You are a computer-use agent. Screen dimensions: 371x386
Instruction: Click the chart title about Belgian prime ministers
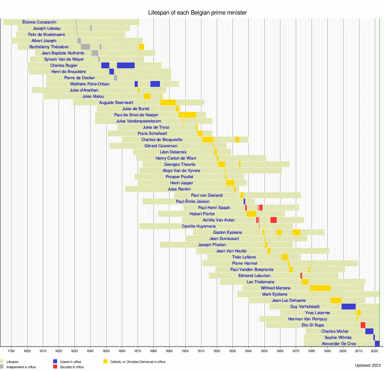click(x=197, y=13)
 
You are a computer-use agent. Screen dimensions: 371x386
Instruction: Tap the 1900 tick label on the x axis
click(x=185, y=351)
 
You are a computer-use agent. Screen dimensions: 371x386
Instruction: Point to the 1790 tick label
click(x=11, y=351)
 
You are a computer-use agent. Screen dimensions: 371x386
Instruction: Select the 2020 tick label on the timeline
click(x=374, y=351)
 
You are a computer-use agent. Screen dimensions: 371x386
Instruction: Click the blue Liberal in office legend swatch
click(x=55, y=361)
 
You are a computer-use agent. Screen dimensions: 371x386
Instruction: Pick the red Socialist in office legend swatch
click(x=55, y=367)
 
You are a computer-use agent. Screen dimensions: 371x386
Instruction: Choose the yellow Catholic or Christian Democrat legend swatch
click(x=105, y=361)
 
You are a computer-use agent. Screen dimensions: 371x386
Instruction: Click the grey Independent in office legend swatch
click(x=2, y=367)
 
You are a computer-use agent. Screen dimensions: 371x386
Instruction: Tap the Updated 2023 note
click(x=368, y=365)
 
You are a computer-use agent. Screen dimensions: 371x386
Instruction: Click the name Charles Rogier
click(x=64, y=66)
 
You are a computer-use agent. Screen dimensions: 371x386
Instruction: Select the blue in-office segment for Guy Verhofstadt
click(x=348, y=307)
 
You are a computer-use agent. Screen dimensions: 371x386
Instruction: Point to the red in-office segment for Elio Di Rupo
click(x=363, y=325)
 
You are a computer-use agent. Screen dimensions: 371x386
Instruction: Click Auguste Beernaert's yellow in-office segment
click(x=168, y=103)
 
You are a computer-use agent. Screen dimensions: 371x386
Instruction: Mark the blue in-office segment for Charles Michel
click(x=369, y=331)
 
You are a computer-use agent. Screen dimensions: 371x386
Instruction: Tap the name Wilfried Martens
click(x=275, y=288)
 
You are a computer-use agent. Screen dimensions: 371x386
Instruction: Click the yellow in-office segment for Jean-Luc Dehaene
click(x=336, y=301)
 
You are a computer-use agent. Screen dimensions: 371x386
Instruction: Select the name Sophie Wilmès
click(x=338, y=338)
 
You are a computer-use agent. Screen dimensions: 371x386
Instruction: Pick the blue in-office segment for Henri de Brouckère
click(x=111, y=72)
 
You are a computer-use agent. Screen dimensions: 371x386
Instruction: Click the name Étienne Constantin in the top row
click(x=39, y=22)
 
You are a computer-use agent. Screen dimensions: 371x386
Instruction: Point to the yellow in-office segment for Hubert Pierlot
click(x=251, y=214)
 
